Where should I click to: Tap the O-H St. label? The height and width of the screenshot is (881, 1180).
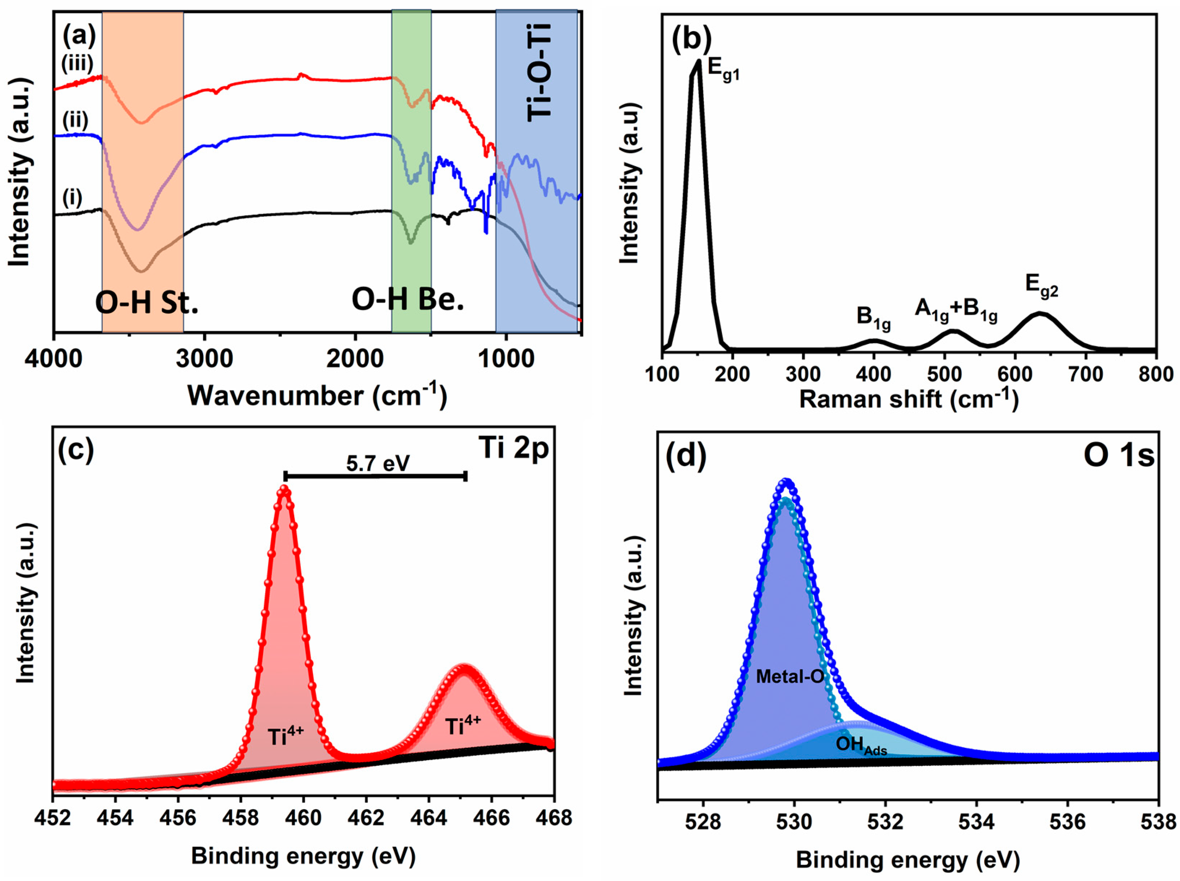(147, 303)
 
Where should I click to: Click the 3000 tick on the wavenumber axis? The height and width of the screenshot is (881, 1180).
(204, 359)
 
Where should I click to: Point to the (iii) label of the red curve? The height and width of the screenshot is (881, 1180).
(77, 64)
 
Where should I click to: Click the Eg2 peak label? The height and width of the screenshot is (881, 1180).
(1041, 286)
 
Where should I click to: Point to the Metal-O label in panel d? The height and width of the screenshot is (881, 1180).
(790, 677)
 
